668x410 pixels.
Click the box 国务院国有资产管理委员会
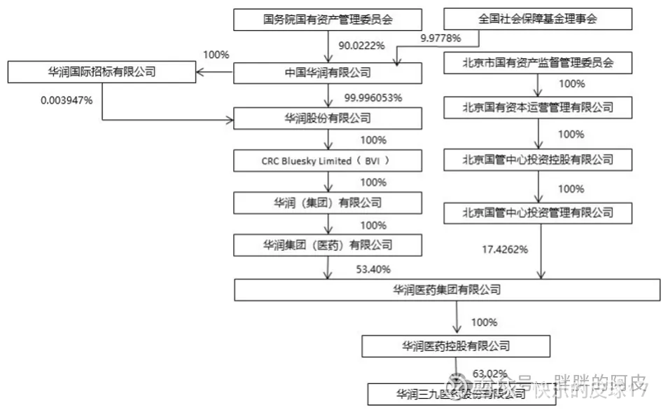tap(328, 20)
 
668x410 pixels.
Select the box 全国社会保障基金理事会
tap(538, 20)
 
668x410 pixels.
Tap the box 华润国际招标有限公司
tap(102, 71)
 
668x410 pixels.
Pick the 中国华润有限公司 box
tap(328, 73)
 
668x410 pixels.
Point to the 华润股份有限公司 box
tap(328, 118)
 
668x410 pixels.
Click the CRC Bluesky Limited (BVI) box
tap(328, 161)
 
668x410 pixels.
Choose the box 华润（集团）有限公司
tap(328, 203)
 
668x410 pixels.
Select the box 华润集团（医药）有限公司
tap(328, 245)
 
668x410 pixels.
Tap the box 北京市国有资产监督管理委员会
tap(538, 64)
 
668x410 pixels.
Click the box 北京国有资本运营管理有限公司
tap(538, 107)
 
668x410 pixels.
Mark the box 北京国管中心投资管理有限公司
tap(538, 212)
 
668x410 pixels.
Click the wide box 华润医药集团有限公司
tap(447, 289)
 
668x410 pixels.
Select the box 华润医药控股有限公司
tap(456, 346)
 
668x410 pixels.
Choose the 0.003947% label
tap(68, 100)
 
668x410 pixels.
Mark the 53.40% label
tap(373, 269)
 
